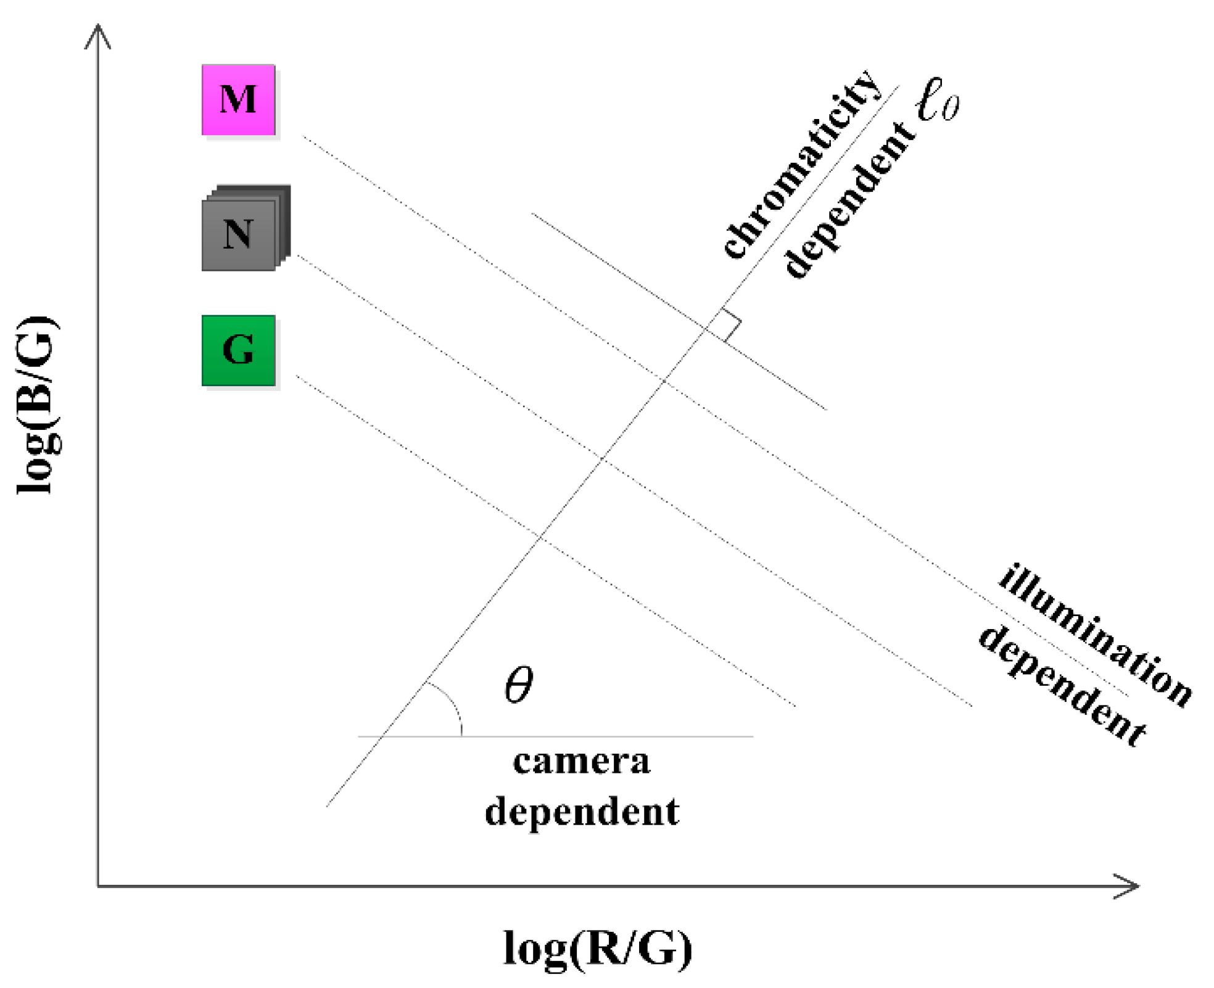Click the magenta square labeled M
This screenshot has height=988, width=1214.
(238, 100)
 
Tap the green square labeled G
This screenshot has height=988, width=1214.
(238, 350)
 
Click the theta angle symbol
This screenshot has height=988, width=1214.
(518, 685)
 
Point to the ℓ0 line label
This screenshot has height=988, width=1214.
(936, 100)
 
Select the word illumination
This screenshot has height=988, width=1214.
(1095, 635)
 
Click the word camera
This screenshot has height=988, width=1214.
(581, 762)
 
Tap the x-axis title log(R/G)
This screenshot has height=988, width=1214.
(597, 948)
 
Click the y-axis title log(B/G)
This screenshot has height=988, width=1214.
(37, 406)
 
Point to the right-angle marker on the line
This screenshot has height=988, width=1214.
(728, 324)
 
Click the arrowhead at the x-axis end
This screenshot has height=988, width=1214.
(1129, 886)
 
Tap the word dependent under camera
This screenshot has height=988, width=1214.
(581, 812)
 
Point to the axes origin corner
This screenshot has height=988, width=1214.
(98, 886)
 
